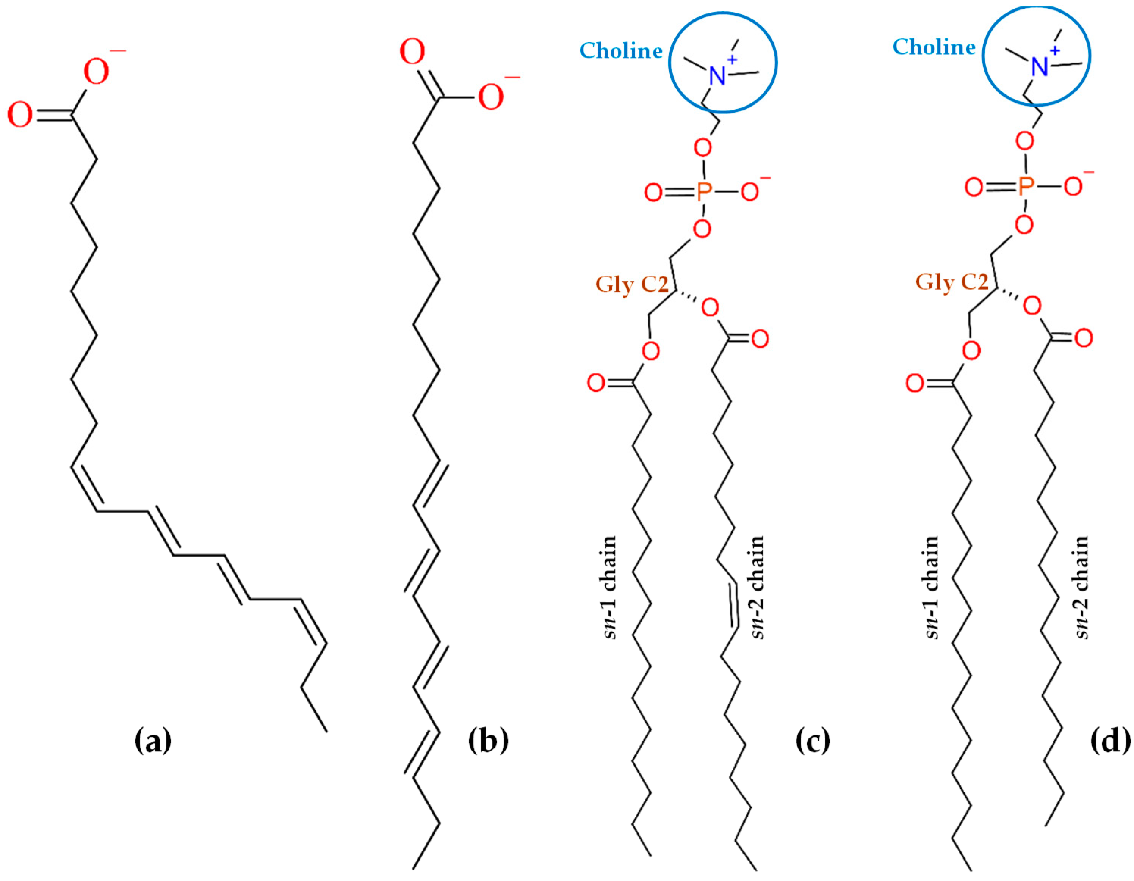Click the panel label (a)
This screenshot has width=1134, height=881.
point(153,741)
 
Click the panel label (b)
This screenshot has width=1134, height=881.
point(488,741)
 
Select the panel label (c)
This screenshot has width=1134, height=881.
point(813,741)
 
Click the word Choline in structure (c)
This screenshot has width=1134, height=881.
point(621,51)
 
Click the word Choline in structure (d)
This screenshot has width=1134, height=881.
point(934,47)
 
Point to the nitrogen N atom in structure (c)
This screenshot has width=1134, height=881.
point(717,76)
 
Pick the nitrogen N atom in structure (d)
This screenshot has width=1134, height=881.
point(1040,67)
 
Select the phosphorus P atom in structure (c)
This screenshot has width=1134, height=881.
point(703,193)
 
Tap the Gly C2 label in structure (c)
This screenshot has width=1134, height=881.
point(632,285)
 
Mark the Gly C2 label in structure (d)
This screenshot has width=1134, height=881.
point(952,282)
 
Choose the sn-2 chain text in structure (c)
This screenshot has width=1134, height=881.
point(757,587)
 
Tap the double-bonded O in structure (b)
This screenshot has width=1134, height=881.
point(412,52)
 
